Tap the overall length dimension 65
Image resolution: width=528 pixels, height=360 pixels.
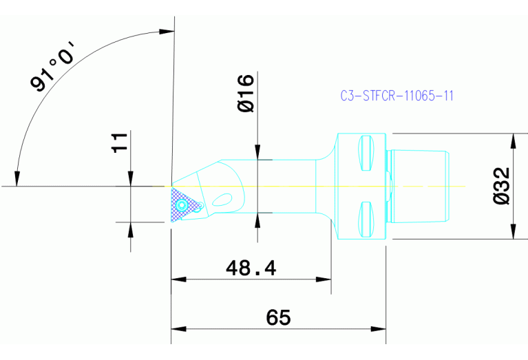[x=279, y=317]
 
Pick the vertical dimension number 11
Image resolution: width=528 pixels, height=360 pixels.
[x=120, y=143]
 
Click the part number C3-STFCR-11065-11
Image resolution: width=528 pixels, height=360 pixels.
[x=397, y=96]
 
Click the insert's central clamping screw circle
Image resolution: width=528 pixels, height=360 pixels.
[x=182, y=205]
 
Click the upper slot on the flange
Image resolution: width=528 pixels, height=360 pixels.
[x=365, y=155]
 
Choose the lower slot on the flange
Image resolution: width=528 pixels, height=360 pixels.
[x=365, y=218]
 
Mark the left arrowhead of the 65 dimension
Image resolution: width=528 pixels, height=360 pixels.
[x=176, y=328]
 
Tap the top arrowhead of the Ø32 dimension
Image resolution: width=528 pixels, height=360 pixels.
[x=513, y=139]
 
